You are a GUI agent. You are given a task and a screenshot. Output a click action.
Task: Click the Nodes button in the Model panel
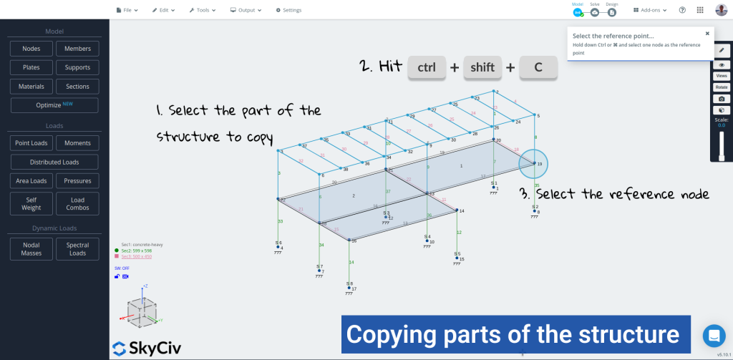coord(31,49)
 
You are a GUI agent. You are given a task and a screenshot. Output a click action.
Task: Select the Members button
coord(77,49)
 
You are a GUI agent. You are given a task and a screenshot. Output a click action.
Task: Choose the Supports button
coord(77,67)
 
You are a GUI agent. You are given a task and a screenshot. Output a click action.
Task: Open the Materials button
coord(31,86)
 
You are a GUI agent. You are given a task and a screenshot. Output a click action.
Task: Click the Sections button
coord(77,86)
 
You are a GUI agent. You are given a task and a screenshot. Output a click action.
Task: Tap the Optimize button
coord(54,105)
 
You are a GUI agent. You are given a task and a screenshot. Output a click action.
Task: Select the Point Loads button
coord(31,143)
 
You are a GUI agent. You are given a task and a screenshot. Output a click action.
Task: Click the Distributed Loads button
coord(54,162)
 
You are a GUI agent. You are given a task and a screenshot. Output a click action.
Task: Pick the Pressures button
coord(77,180)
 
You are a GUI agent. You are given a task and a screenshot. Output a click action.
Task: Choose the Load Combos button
coord(77,204)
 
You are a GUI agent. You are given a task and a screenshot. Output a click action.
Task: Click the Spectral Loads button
coord(77,249)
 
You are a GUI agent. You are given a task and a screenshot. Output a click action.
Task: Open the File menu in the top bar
coord(127,10)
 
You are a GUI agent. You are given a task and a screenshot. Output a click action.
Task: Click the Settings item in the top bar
coord(288,10)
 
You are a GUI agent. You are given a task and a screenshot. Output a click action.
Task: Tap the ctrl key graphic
coord(427,67)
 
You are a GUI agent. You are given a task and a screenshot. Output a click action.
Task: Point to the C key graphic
coord(538,67)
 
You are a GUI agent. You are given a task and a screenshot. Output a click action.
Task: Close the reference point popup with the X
coord(707,33)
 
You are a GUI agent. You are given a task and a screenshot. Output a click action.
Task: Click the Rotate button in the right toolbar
coord(722,87)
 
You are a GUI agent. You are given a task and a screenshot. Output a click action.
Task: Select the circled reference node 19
coord(534,164)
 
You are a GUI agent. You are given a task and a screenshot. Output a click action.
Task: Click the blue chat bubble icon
coord(714,335)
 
